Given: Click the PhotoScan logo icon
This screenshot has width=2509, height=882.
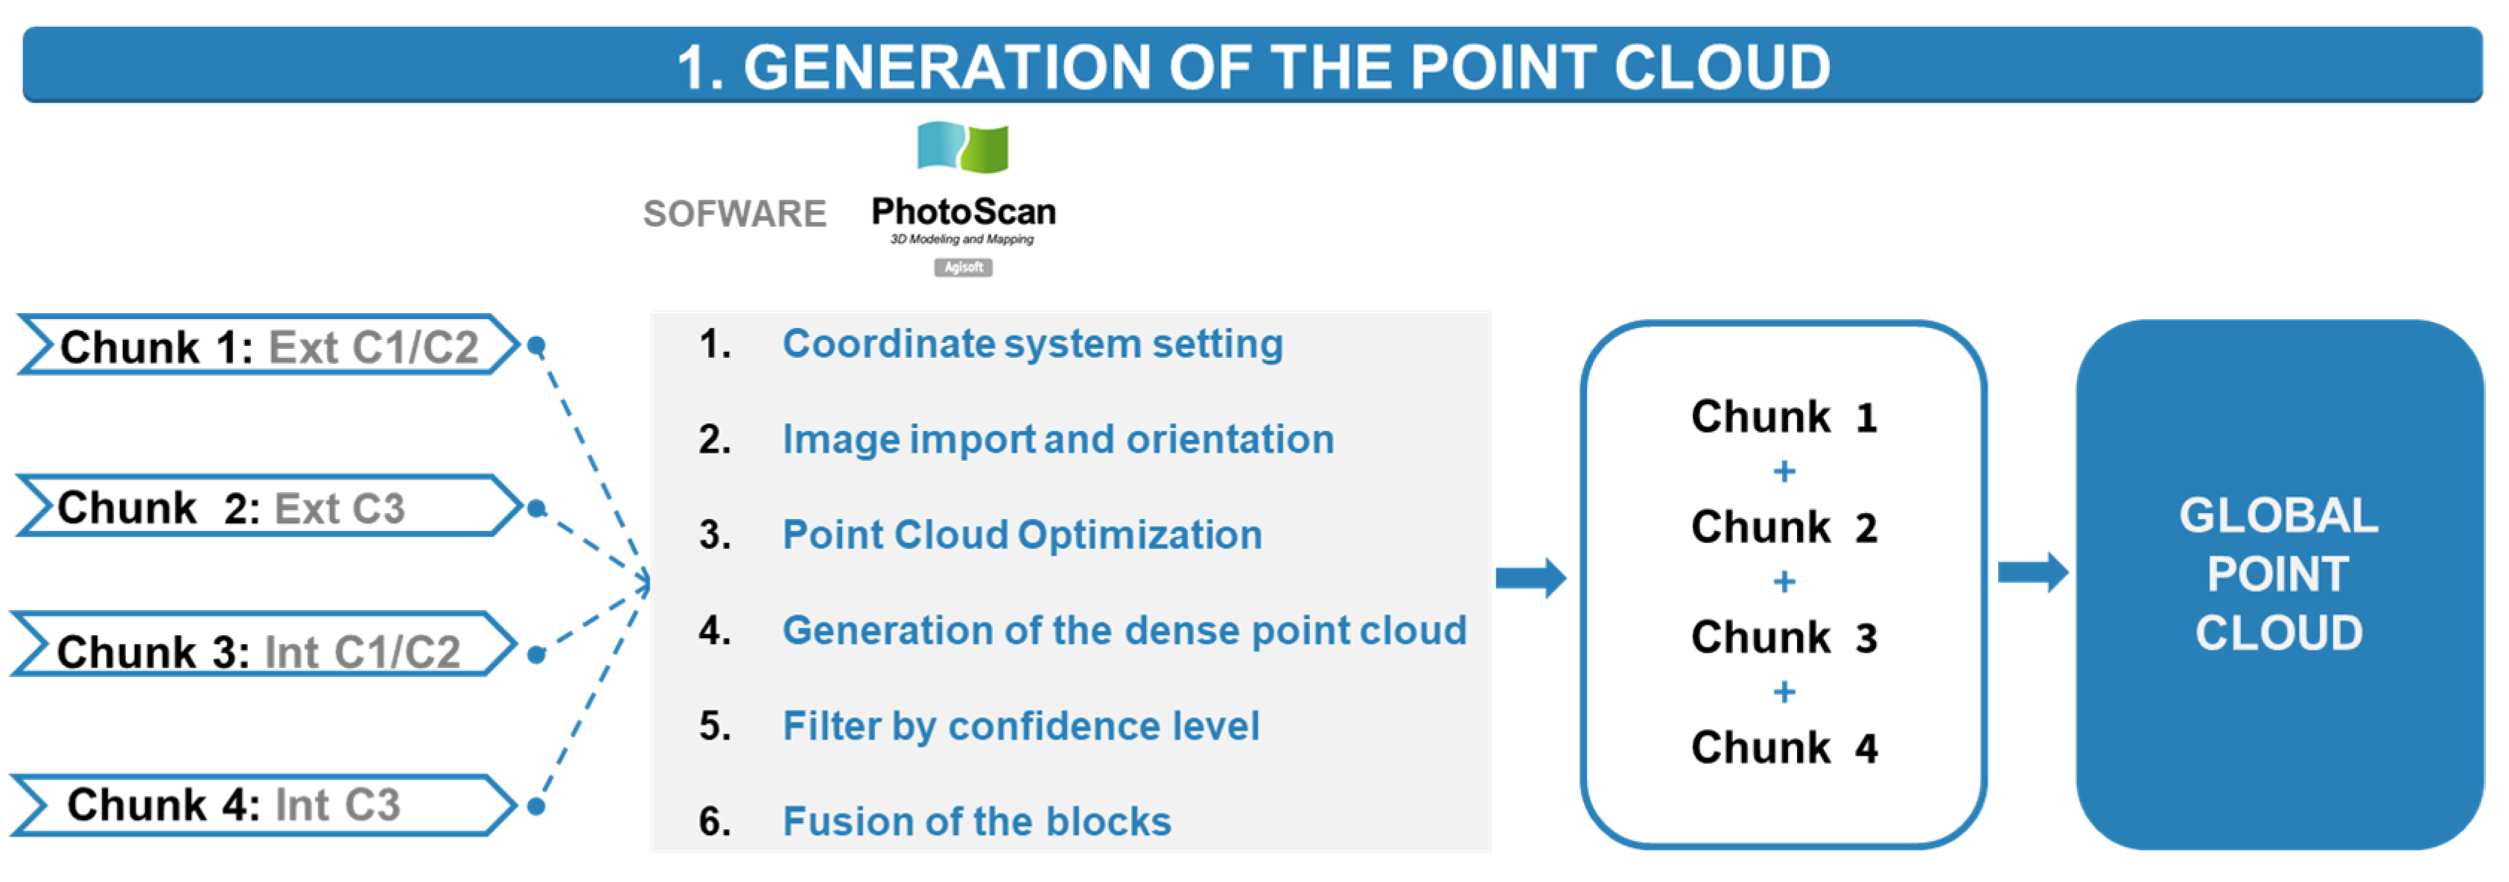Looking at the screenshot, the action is click(x=962, y=146).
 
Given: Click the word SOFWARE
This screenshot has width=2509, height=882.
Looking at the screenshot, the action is click(x=734, y=213).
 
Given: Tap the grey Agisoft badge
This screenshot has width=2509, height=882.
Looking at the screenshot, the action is click(x=962, y=267).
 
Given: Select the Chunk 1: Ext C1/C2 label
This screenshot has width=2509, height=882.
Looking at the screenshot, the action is click(x=269, y=346).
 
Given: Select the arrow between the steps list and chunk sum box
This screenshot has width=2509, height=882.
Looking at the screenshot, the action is click(x=1531, y=578).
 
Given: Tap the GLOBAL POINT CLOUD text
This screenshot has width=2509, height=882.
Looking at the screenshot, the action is click(x=2278, y=573).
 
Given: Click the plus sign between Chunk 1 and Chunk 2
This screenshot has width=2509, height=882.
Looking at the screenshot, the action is click(x=1784, y=472).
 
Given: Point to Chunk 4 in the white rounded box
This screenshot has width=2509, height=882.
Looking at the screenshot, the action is click(x=1784, y=748).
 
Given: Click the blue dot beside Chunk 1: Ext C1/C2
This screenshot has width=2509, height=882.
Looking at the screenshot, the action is click(x=535, y=345).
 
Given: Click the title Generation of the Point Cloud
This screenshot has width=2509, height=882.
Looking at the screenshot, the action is click(x=1253, y=66).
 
